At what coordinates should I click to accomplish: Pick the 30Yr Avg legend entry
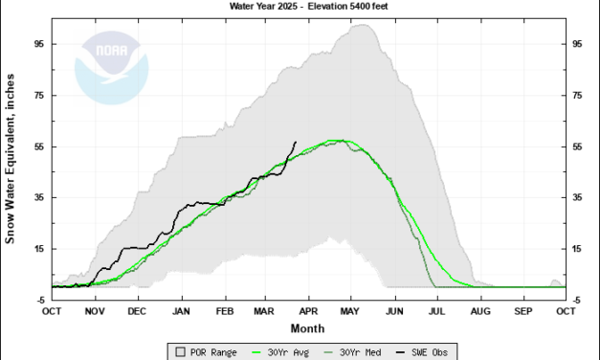click(279, 350)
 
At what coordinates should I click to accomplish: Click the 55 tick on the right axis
click(578, 146)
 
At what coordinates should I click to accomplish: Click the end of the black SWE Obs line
click(296, 142)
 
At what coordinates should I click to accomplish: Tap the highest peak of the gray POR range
click(362, 25)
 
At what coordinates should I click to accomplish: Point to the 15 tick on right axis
click(578, 249)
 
